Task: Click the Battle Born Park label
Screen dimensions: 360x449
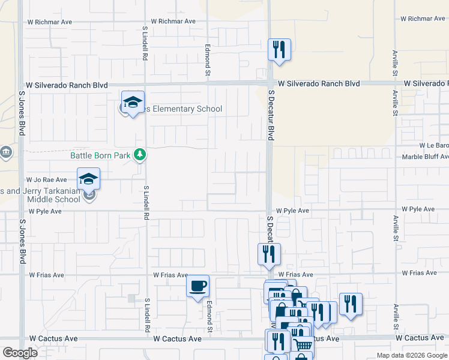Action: [100, 155]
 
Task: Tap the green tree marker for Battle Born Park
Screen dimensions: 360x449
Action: [140, 155]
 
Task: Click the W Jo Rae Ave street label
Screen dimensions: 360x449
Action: [46, 179]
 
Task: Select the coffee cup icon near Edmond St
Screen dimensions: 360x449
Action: [197, 286]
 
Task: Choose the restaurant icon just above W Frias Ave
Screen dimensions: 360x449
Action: [269, 254]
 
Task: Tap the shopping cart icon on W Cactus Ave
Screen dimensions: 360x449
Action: [303, 345]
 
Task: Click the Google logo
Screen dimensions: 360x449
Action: [20, 353]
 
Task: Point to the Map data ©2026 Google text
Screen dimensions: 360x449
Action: [411, 355]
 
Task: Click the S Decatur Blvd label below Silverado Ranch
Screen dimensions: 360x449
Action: [271, 115]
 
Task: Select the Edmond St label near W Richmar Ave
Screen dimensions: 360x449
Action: [208, 53]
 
